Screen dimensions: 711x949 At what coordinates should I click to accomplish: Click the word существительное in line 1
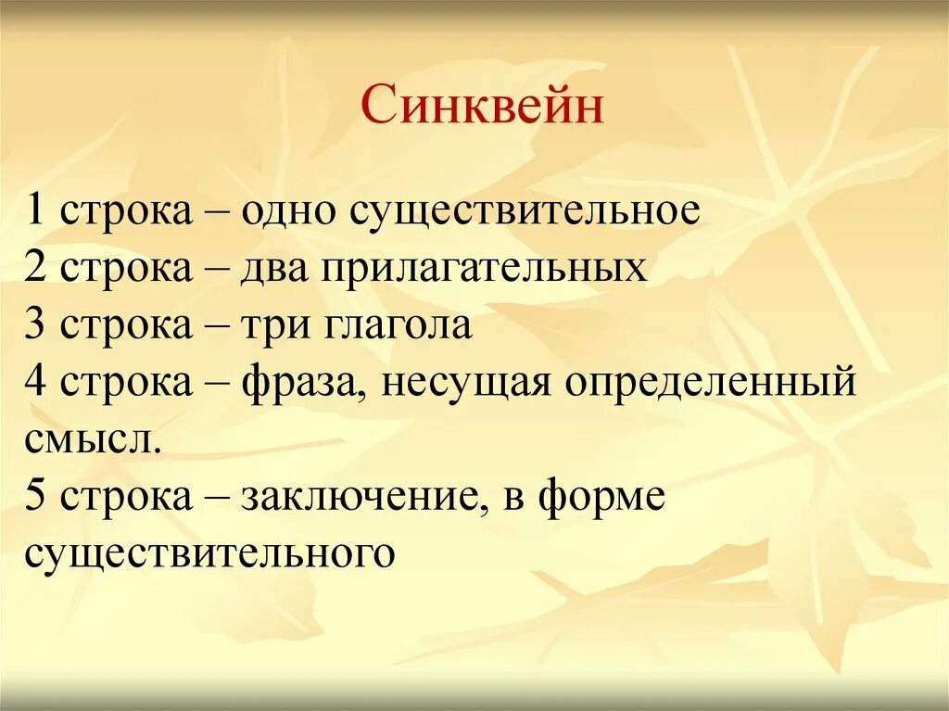tap(525, 211)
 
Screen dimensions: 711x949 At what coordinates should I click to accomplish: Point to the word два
tap(277, 269)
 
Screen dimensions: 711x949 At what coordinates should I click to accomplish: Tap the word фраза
tap(298, 383)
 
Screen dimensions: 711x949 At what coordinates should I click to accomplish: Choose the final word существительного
tap(211, 553)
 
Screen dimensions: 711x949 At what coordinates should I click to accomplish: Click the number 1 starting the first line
tap(35, 211)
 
